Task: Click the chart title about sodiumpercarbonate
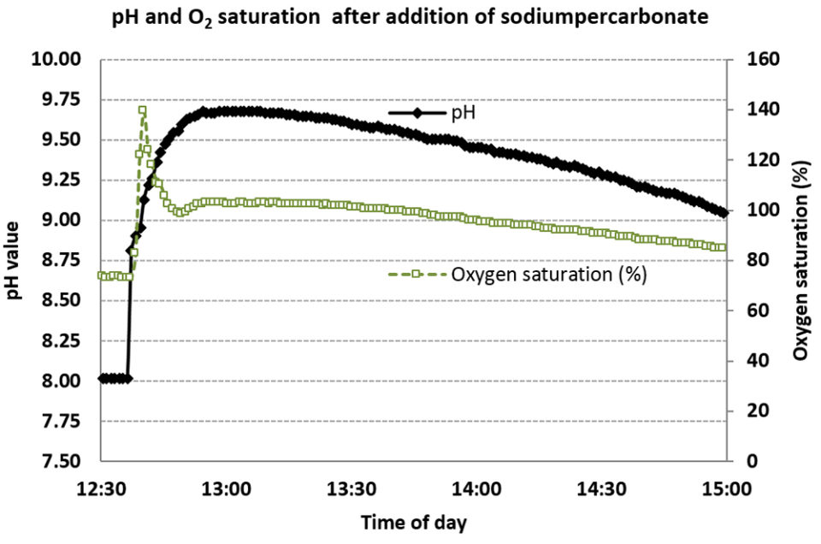coord(410,18)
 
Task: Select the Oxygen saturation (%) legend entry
coord(547,275)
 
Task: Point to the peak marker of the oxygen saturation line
coord(142,109)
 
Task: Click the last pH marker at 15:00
coord(724,213)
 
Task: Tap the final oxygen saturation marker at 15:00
coord(724,248)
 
